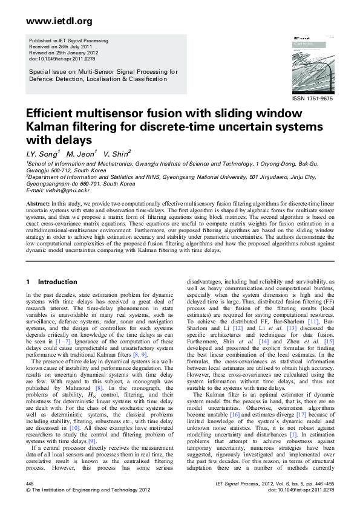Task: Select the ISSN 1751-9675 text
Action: (312, 98)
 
